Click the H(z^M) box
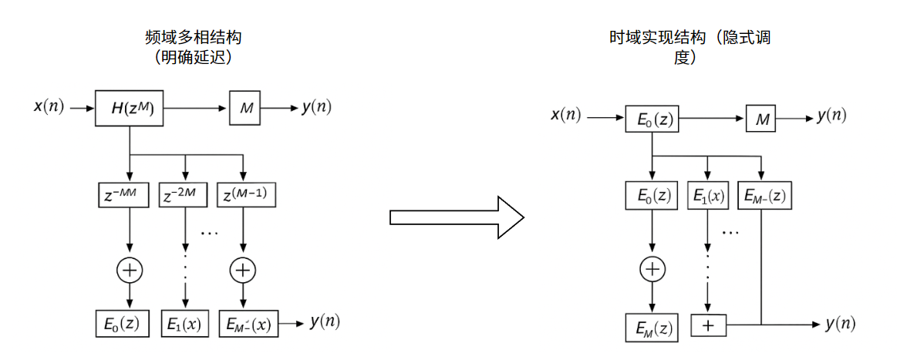click(x=129, y=108)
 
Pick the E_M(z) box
click(x=652, y=327)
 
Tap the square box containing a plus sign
click(x=709, y=326)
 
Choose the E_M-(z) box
click(x=764, y=196)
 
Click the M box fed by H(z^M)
click(x=246, y=108)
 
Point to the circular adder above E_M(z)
click(x=653, y=268)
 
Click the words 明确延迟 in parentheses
click(x=194, y=58)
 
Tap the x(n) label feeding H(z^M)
click(x=49, y=107)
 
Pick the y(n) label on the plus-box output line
click(x=840, y=325)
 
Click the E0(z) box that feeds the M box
click(x=652, y=119)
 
